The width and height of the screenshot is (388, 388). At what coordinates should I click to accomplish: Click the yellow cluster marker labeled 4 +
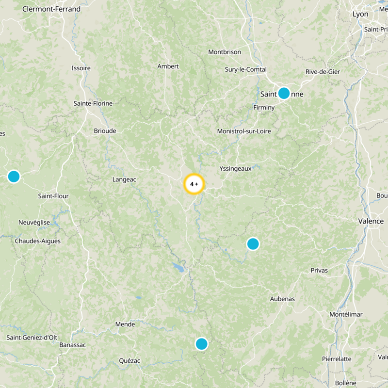point(194,184)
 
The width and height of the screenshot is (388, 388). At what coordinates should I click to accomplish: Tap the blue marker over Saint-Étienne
point(284,93)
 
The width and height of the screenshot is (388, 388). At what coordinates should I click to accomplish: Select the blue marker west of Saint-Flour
point(14,177)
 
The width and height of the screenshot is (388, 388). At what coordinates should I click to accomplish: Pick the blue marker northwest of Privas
point(253,243)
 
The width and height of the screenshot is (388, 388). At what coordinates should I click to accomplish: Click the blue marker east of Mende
point(201,344)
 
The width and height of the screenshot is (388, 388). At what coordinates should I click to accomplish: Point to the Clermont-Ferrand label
point(51,9)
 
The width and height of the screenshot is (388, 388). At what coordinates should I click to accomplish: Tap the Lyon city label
point(360,14)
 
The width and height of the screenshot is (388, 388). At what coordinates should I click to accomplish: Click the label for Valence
point(371,221)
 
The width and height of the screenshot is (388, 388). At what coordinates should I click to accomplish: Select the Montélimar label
point(346,314)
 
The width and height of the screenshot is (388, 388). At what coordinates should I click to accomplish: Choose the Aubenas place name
point(282,299)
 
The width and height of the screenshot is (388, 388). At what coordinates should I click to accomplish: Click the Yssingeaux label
point(235,168)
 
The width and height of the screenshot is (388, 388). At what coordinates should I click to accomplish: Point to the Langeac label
point(124,179)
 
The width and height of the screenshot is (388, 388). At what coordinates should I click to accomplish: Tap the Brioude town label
point(105,130)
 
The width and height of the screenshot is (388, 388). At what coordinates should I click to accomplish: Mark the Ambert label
point(168,66)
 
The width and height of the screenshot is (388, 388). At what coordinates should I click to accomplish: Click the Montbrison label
point(225,52)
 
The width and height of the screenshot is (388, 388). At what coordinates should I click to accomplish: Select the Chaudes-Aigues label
point(38,241)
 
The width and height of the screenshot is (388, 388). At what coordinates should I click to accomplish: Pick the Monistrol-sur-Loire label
point(244,131)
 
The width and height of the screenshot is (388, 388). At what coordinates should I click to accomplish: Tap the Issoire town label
point(81,68)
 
